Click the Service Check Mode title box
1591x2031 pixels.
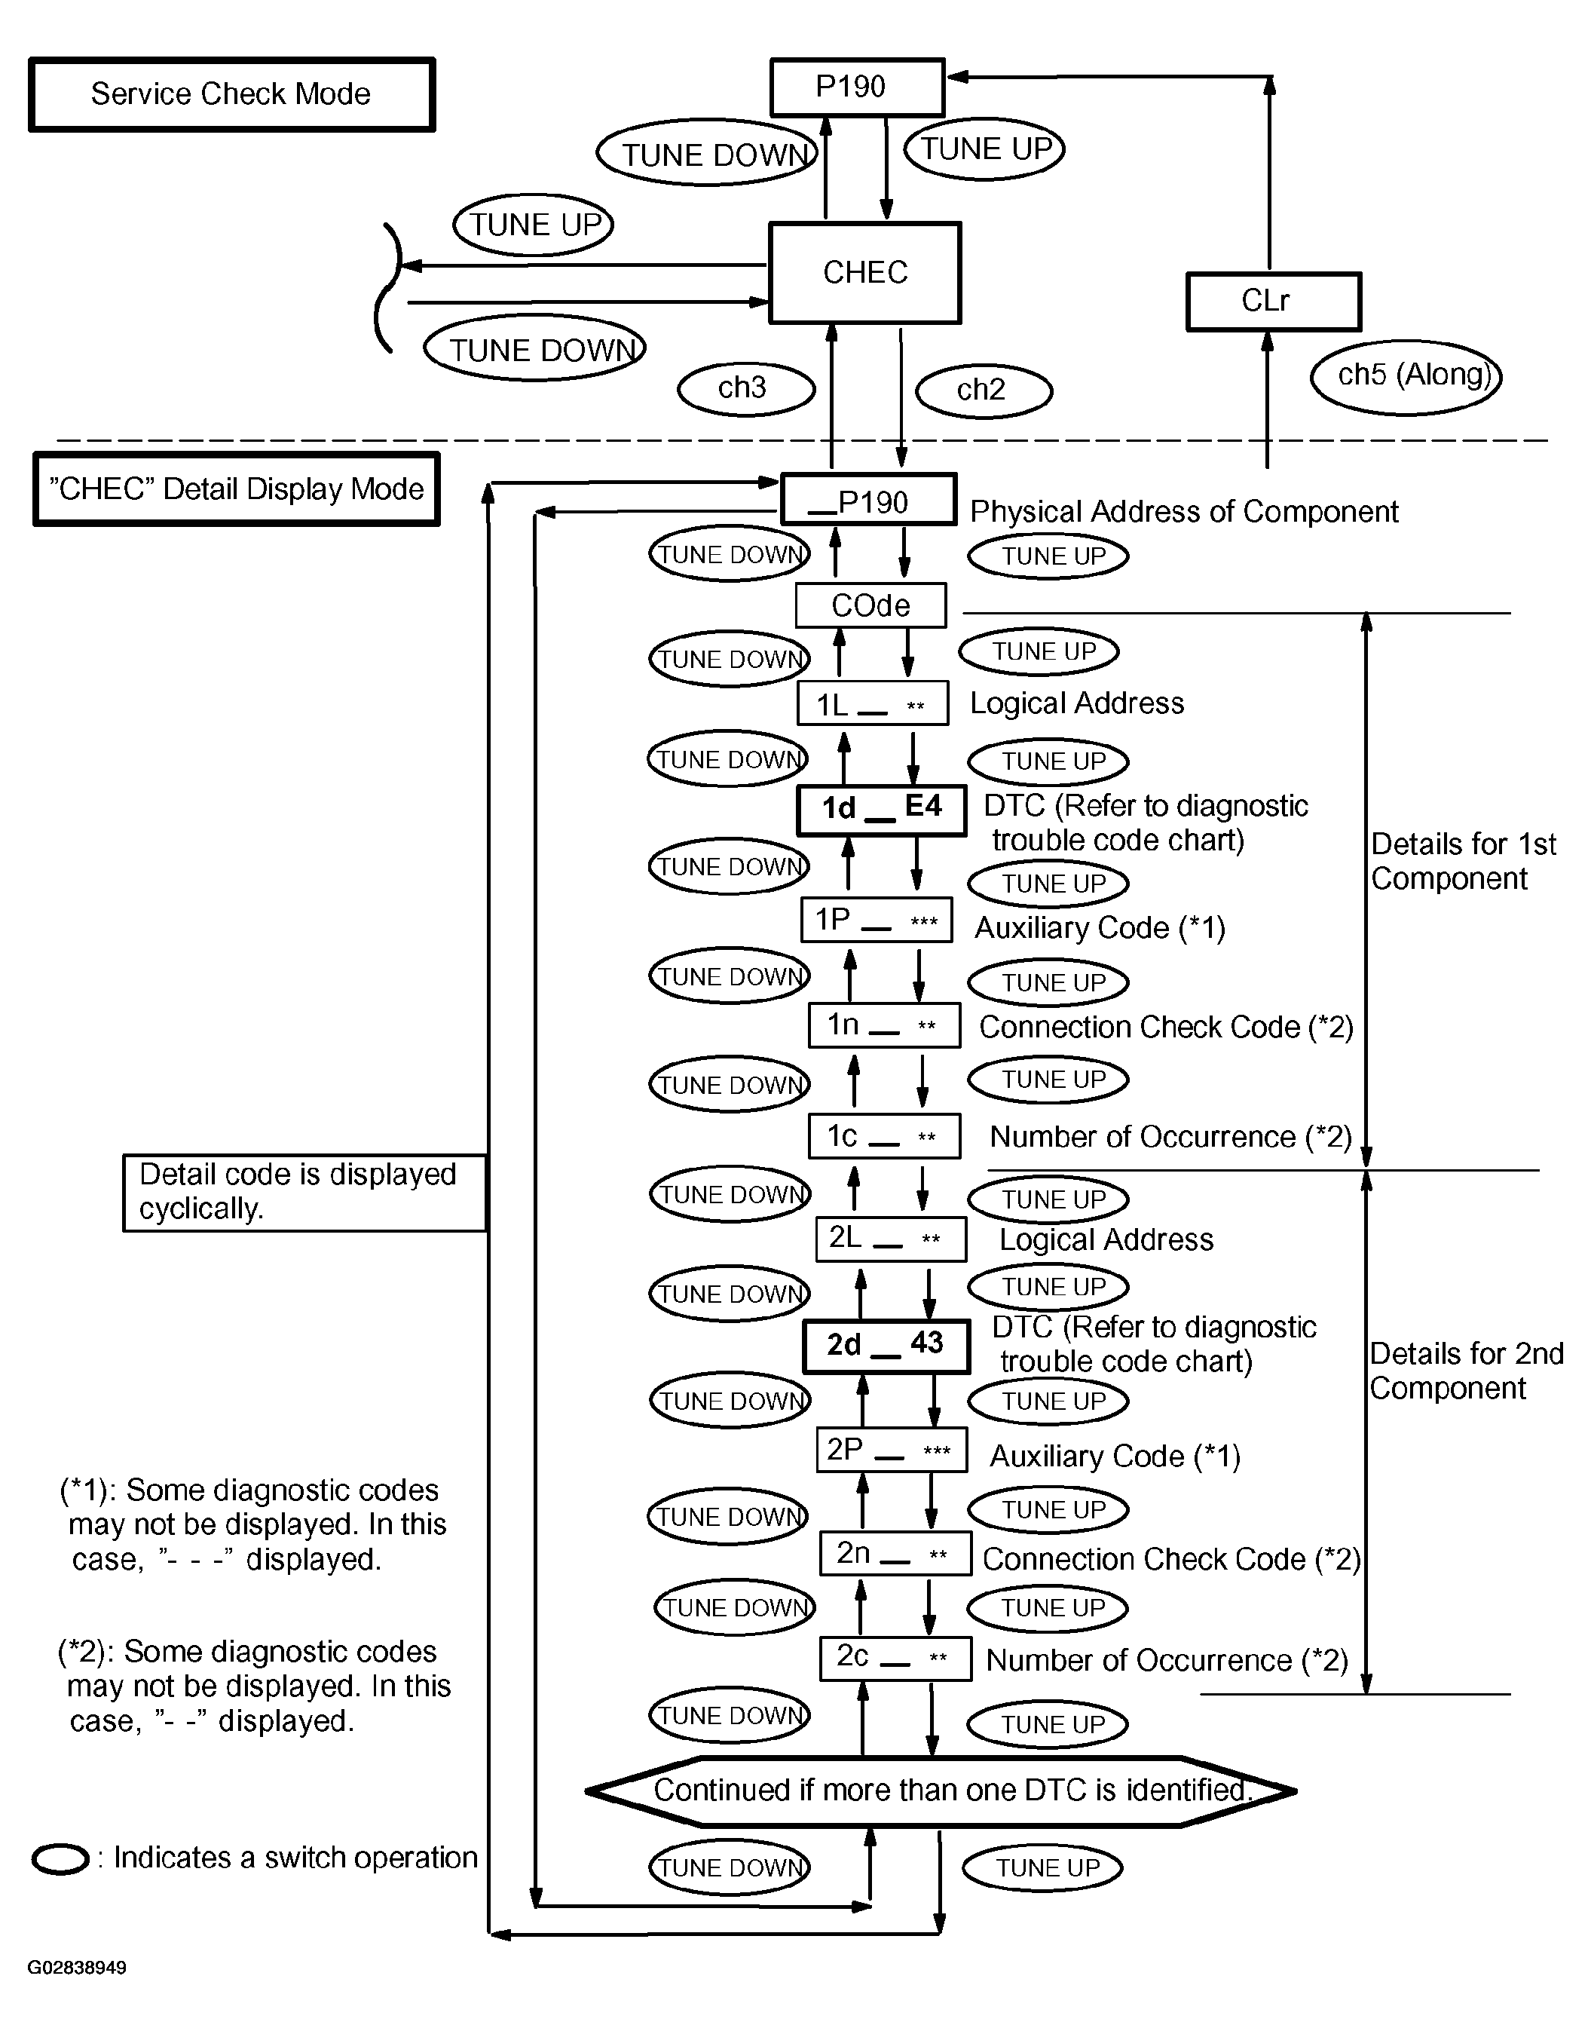point(231,94)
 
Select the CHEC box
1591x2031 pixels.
point(864,273)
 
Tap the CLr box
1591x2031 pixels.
point(1272,301)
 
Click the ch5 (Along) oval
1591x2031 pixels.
point(1406,375)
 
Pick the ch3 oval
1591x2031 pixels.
point(745,388)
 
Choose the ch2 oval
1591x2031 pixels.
point(984,390)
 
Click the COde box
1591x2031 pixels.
point(870,605)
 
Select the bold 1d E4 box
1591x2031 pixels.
point(881,809)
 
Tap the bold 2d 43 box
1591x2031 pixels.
point(886,1345)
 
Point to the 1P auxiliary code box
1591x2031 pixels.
point(877,921)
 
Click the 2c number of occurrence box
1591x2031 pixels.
point(895,1659)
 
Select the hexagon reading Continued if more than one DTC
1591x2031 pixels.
point(941,1791)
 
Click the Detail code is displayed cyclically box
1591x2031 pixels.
point(304,1193)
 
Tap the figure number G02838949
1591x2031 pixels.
point(78,1968)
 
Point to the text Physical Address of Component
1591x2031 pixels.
point(1184,511)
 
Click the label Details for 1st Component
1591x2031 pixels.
point(1462,861)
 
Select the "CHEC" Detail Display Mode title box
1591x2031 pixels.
point(237,489)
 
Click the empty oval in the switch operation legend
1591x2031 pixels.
point(60,1858)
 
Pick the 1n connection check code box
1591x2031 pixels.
point(884,1026)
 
